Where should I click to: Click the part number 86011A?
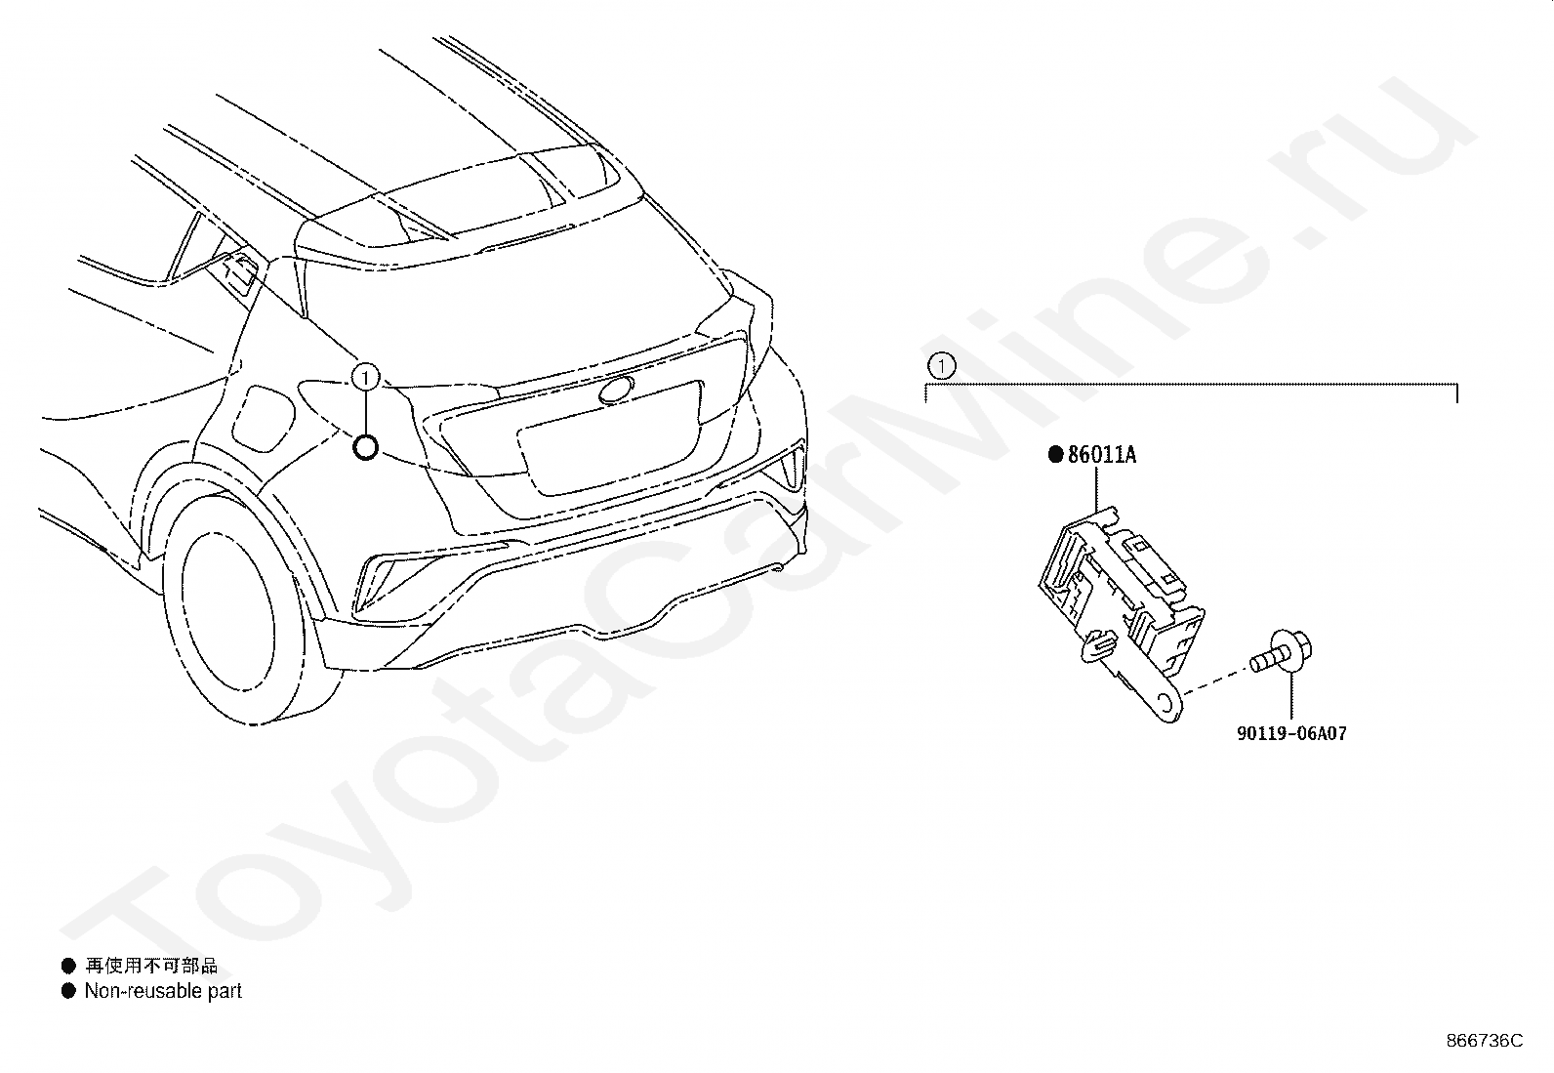pos(1101,455)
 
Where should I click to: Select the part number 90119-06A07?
pos(1291,733)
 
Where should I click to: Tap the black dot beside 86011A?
pos(1054,454)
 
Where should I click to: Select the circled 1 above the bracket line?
pos(940,366)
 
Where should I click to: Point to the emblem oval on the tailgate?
pos(616,390)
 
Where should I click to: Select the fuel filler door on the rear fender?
pos(264,418)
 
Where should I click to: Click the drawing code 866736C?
pos(1484,1041)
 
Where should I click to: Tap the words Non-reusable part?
pos(163,991)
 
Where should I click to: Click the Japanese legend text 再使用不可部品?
pos(151,966)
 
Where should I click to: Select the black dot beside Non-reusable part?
pos(68,991)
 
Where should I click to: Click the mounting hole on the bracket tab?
pos(1165,704)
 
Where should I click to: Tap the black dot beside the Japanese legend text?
pos(68,966)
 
